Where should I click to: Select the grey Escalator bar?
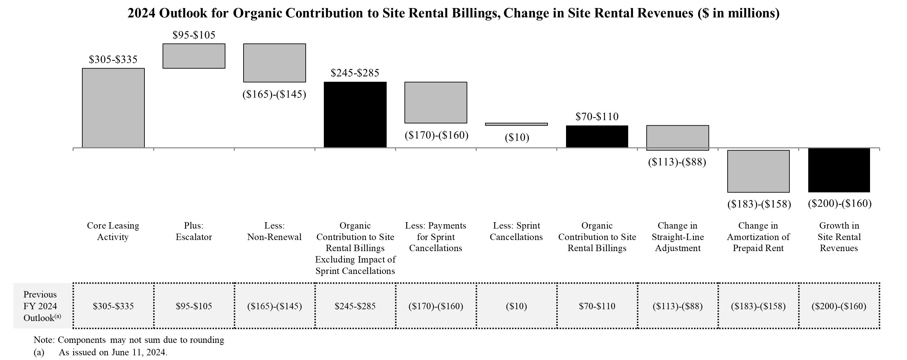(193, 56)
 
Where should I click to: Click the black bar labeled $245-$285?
(355, 115)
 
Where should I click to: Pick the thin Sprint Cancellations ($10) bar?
(516, 124)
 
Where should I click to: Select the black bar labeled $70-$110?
(597, 136)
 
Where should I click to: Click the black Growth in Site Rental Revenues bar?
(839, 170)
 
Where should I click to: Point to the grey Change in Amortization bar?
(758, 171)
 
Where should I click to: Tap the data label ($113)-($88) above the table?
(677, 162)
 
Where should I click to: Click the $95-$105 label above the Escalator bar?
(193, 35)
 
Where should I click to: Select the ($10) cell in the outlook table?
(516, 306)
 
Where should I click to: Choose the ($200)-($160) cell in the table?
(839, 306)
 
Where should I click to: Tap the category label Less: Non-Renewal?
(274, 231)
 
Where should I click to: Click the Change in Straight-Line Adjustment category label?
(678, 237)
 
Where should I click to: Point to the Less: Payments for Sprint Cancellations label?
(436, 237)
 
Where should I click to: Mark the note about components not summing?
(129, 340)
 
